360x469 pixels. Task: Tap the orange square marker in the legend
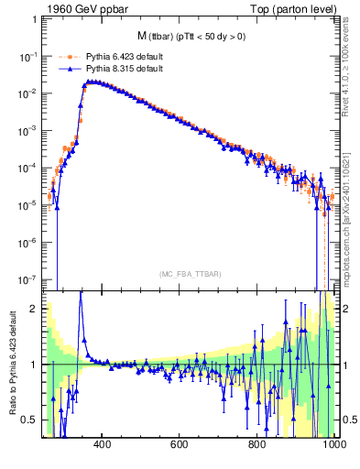point(66,56)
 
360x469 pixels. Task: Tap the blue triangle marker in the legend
point(66,69)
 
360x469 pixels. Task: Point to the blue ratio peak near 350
point(81,293)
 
